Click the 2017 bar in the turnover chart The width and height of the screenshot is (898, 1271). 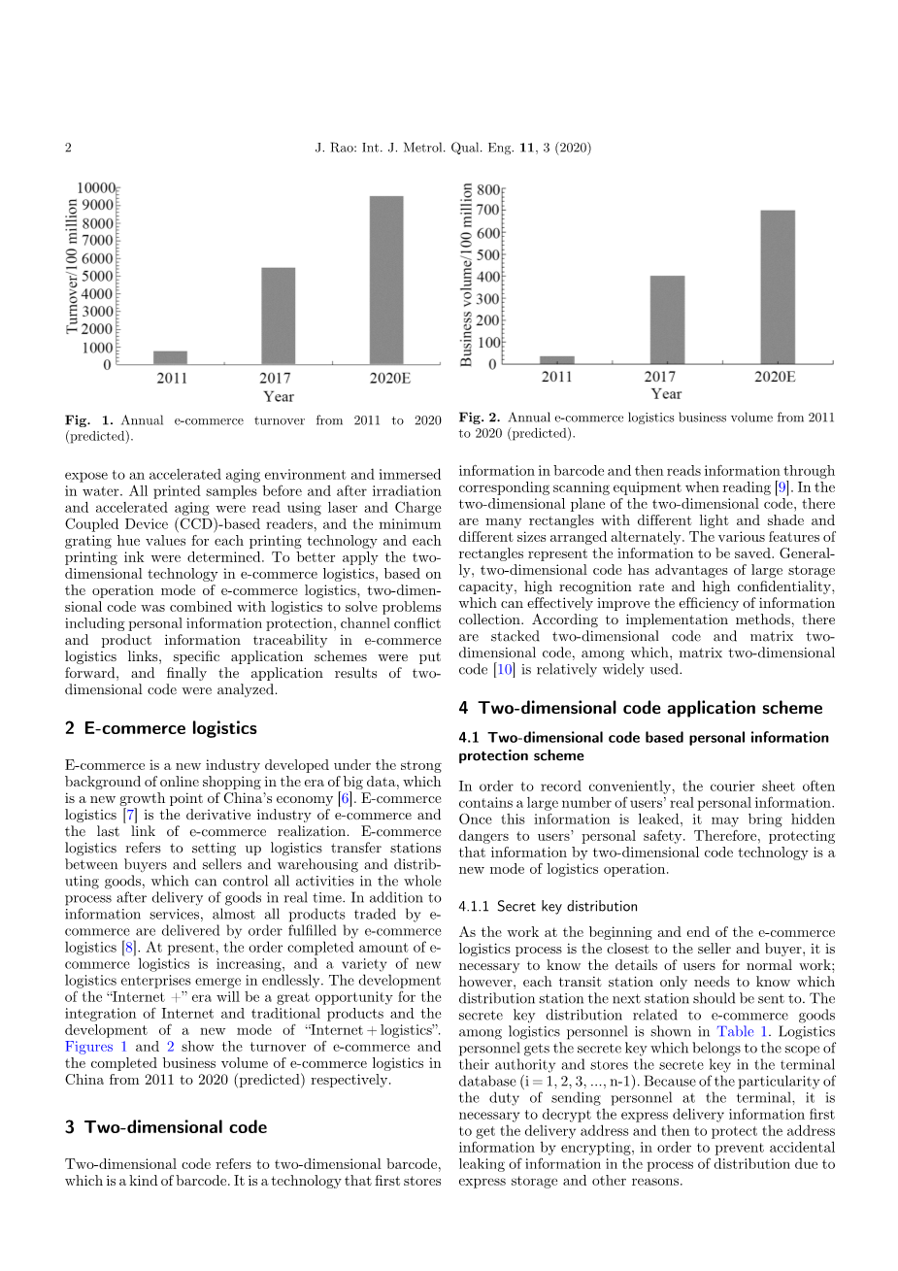(278, 316)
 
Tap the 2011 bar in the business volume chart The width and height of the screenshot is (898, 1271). (557, 360)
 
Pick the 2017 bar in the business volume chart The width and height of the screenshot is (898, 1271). (667, 319)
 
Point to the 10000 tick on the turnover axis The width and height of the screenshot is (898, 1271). (96, 187)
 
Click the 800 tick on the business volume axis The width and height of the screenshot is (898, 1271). (487, 190)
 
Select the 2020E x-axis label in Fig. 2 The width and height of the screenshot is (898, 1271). (774, 377)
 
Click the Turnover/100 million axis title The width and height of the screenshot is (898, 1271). (72, 267)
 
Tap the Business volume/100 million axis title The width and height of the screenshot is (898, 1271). (467, 276)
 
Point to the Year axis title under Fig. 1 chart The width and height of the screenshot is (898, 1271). (278, 396)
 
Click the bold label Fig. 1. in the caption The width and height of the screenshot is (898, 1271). (89, 420)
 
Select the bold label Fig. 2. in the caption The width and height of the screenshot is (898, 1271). (480, 418)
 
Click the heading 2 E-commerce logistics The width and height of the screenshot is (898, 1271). (161, 728)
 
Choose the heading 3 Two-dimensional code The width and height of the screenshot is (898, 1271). (166, 1127)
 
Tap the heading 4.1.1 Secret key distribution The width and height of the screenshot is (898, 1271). (548, 906)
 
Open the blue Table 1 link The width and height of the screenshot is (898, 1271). (743, 1032)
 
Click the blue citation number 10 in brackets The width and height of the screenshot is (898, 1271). (503, 670)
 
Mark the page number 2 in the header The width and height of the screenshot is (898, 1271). (68, 148)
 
